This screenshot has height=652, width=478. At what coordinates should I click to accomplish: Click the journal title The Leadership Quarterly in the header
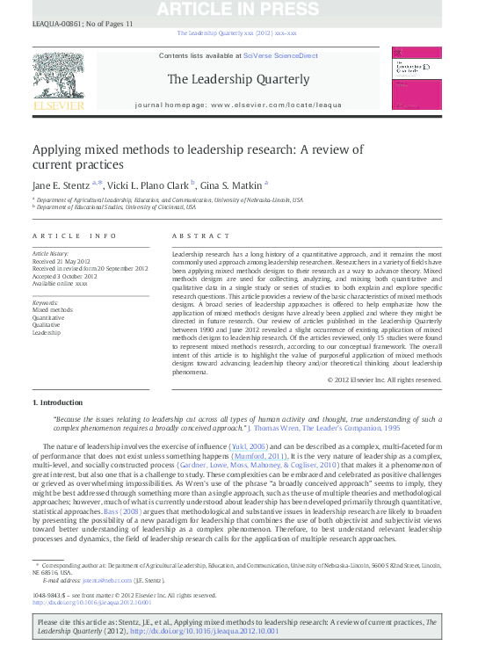(x=238, y=79)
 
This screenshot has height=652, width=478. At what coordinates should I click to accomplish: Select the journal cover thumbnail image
(x=416, y=80)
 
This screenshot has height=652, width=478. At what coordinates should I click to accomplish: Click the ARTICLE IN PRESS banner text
(x=238, y=11)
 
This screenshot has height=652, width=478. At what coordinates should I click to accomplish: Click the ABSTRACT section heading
(x=194, y=236)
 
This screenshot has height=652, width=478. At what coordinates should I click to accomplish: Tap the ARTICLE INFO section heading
(x=75, y=236)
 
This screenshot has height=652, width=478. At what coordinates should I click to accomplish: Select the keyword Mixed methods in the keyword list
(x=53, y=310)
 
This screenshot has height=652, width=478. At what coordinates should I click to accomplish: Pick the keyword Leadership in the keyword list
(x=47, y=333)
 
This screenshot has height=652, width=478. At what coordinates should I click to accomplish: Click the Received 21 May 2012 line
(x=62, y=260)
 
